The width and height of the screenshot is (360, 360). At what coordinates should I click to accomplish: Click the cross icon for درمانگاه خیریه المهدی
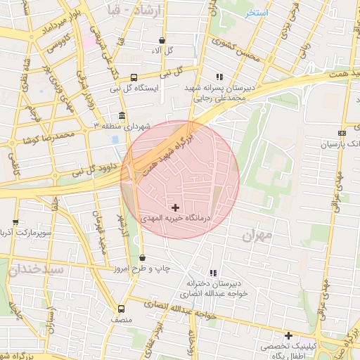coord(175,207)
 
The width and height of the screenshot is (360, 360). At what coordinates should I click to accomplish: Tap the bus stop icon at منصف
coord(122,309)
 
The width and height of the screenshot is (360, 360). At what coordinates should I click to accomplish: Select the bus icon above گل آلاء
coord(162,41)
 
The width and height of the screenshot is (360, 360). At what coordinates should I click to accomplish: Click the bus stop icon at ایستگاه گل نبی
coord(134,77)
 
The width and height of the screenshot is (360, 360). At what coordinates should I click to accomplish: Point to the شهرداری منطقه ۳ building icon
coord(122,115)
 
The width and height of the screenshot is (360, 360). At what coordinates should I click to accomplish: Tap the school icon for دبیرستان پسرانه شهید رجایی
coord(219,77)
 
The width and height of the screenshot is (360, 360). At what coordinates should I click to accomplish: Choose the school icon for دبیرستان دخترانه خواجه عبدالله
coord(213,273)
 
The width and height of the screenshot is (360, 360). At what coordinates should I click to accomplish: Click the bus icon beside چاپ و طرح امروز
coord(142,258)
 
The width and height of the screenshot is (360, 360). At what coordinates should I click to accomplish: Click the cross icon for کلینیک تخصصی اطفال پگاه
coord(288,335)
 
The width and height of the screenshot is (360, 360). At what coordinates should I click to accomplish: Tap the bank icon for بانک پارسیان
coord(342,133)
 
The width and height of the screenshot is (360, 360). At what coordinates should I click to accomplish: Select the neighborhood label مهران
coord(257,236)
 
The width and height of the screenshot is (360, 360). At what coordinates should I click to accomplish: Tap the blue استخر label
coord(257,13)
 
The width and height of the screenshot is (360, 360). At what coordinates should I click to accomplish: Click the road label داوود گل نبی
coord(70,171)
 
